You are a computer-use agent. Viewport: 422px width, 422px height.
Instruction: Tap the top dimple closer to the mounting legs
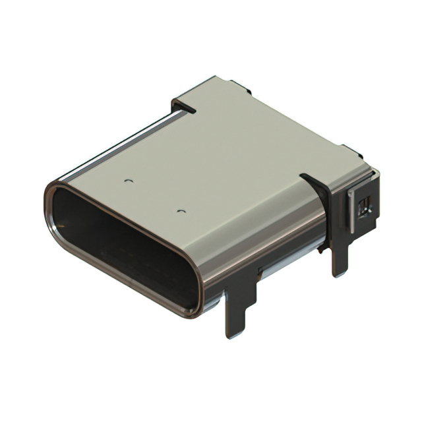tap(181, 211)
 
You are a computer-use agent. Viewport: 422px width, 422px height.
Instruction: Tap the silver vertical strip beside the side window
tap(351, 211)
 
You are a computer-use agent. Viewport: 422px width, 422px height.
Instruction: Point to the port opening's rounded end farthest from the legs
tap(56, 204)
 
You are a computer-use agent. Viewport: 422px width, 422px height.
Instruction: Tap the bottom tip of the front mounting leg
tap(234, 333)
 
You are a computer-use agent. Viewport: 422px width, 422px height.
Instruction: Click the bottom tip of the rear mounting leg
tap(340, 272)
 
